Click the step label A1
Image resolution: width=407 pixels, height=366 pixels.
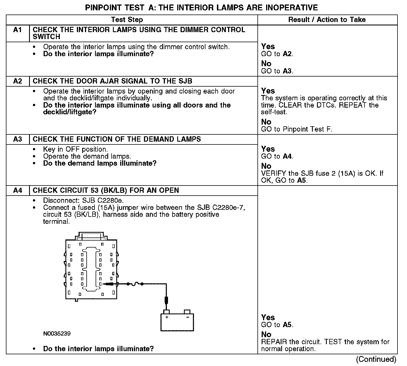tap(17, 30)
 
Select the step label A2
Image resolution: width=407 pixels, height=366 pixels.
tap(17, 81)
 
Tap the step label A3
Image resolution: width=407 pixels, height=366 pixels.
tap(17, 139)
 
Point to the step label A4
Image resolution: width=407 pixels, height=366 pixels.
tap(17, 190)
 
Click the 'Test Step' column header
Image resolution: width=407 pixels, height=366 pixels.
tap(127, 20)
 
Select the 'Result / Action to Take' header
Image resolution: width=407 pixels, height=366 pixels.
tap(327, 20)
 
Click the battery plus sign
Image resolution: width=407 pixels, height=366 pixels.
tap(167, 317)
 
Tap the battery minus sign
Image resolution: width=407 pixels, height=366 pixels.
tap(188, 317)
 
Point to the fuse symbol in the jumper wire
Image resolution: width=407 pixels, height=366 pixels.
tap(135, 284)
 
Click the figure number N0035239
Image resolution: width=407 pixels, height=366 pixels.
tap(57, 334)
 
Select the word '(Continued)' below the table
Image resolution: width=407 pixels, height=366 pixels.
tap(376, 359)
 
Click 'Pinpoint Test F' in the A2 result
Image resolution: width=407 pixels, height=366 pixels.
tap(307, 129)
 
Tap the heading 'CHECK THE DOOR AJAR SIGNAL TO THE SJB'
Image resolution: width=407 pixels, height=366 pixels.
tap(112, 81)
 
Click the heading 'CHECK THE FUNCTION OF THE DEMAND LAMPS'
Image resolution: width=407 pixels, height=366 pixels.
tap(117, 139)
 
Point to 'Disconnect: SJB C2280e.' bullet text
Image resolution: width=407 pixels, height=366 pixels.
tap(83, 201)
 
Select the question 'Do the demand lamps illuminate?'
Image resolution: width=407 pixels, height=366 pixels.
tap(100, 163)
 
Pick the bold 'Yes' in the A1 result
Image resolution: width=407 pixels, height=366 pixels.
tap(268, 46)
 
